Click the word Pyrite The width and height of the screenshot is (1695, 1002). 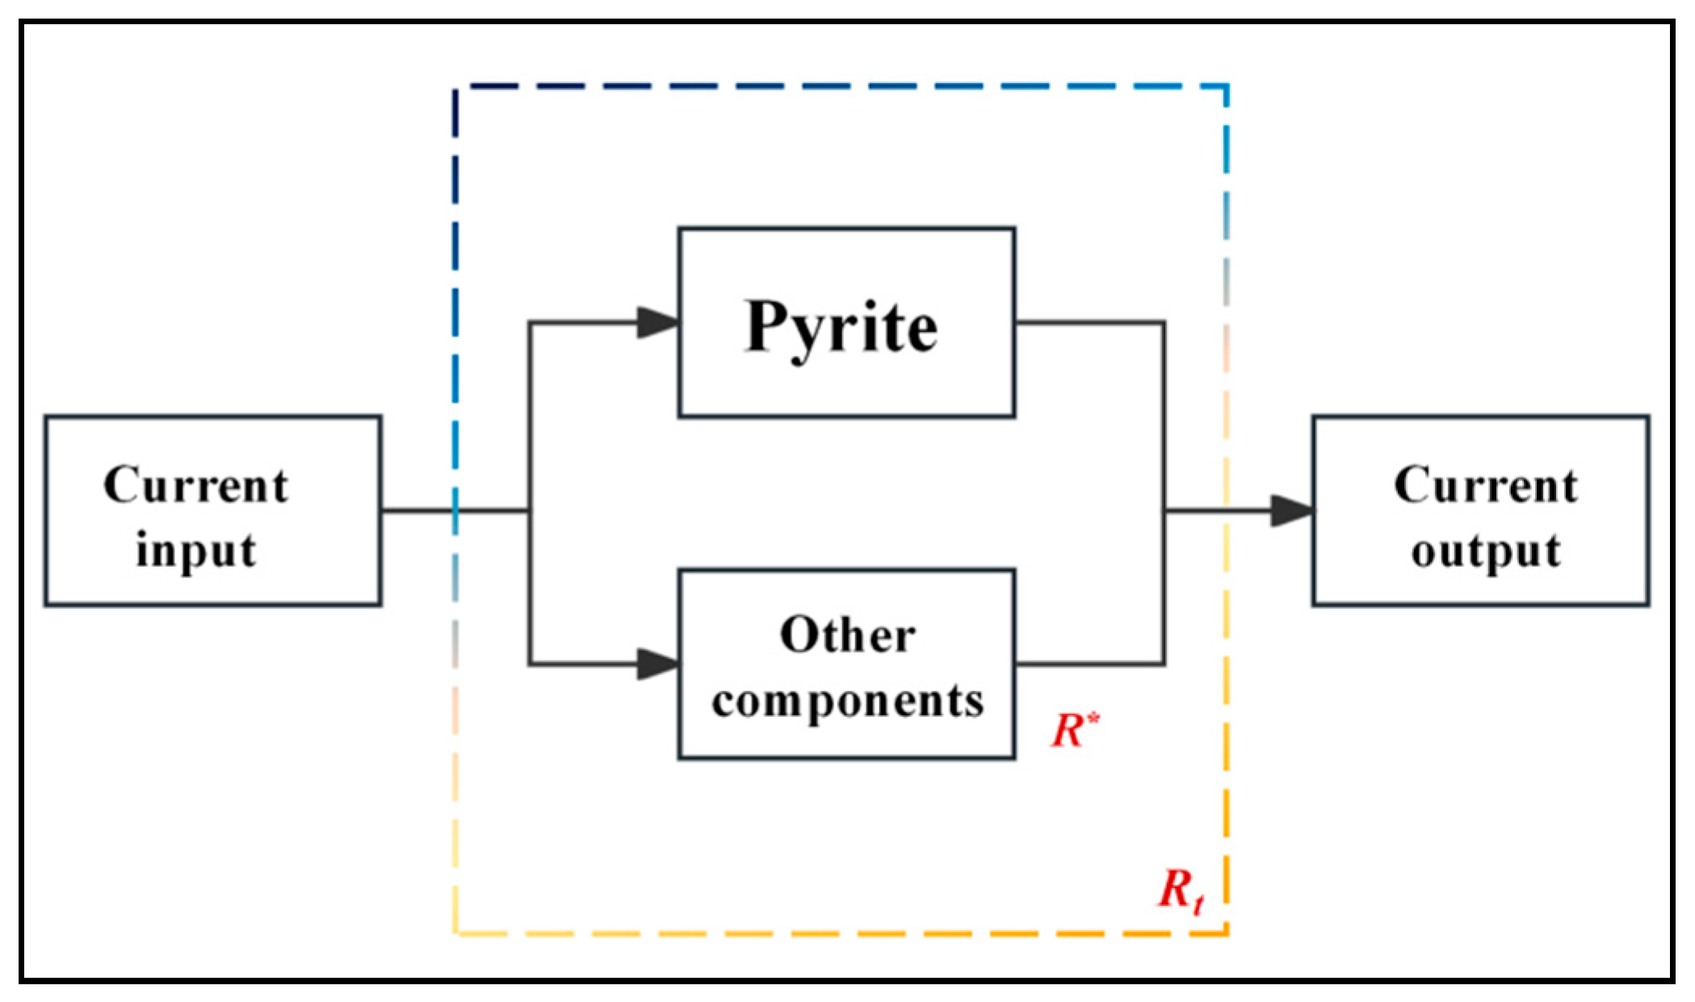point(841,327)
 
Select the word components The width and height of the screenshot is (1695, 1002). point(847,701)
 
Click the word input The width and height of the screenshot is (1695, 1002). point(195,551)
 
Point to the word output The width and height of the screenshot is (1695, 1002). point(1485,551)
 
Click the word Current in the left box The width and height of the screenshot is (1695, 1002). point(195,485)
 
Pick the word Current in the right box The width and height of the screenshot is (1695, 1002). point(1485,485)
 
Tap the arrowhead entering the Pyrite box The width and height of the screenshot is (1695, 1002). point(658,322)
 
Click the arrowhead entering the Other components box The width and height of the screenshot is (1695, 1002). point(658,664)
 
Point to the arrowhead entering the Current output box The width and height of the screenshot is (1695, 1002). point(1292,510)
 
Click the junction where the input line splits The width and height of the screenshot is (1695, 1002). point(530,510)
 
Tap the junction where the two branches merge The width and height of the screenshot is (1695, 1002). point(1164,510)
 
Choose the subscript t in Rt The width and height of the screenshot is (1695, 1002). point(1199,903)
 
